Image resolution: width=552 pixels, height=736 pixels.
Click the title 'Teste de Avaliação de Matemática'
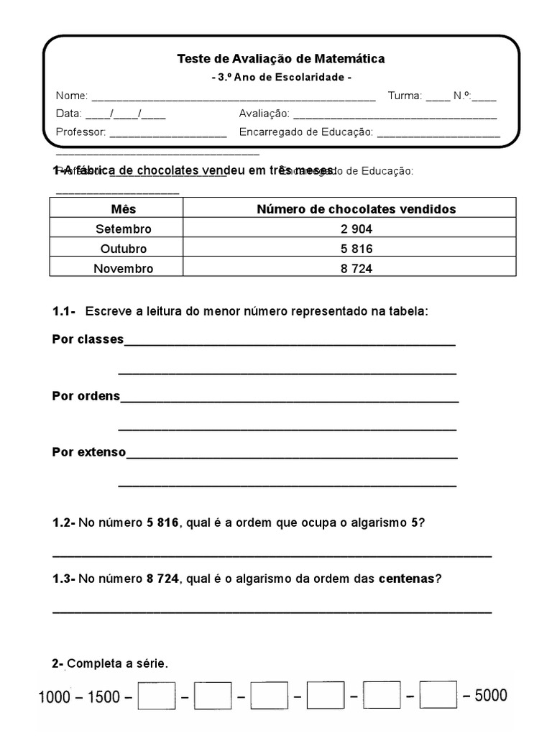[281, 59]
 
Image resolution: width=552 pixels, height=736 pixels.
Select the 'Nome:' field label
[72, 96]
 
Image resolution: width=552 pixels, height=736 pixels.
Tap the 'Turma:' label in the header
[405, 96]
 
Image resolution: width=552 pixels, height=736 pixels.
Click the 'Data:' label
[69, 114]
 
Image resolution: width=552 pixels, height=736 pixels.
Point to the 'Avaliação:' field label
[264, 114]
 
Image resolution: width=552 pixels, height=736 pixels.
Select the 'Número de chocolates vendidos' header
[356, 209]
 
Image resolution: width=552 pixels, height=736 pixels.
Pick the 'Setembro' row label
[124, 229]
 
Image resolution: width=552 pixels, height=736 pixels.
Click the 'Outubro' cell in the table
[124, 249]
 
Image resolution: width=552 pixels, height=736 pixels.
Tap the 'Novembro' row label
[124, 269]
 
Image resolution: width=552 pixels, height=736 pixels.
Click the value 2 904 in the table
[356, 229]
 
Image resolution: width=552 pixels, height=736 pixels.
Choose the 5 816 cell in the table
[356, 249]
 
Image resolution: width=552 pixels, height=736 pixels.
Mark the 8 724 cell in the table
[356, 269]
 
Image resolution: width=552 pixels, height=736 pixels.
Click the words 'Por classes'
[88, 339]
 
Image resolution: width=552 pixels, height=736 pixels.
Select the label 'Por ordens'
[86, 396]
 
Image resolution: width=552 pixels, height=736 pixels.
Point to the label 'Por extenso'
[89, 452]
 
